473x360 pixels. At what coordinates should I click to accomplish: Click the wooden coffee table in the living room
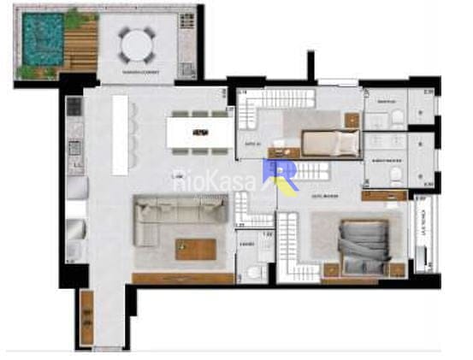[x=197, y=249]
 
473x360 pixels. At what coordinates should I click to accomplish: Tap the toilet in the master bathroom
[x=396, y=175]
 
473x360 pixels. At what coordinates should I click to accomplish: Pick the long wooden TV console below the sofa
[x=185, y=279]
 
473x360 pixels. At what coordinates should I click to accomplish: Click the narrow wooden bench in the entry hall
[x=86, y=317]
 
